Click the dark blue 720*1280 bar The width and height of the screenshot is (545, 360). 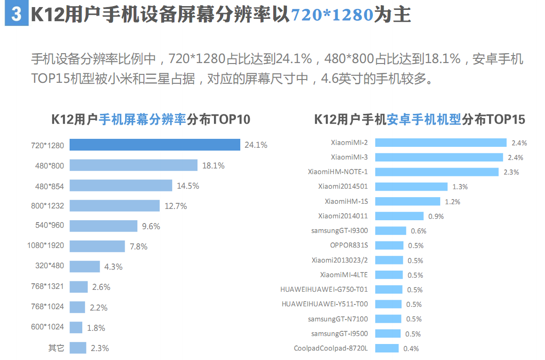[x=155, y=145]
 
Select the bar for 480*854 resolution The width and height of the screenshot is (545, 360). [x=121, y=185]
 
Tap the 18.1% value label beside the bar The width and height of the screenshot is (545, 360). [x=213, y=166]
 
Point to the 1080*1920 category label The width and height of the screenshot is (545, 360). [x=46, y=246]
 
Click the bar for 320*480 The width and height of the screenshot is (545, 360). [x=85, y=266]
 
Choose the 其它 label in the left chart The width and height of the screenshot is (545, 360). [x=56, y=348]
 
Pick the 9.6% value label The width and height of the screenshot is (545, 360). [x=151, y=226]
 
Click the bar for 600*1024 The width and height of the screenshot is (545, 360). [x=76, y=328]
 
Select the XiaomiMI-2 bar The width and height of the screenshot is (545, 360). [x=441, y=143]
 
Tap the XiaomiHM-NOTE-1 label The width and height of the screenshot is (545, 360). [x=338, y=172]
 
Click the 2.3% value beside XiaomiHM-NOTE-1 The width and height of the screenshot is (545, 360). [x=511, y=172]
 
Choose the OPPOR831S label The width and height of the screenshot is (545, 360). [x=349, y=245]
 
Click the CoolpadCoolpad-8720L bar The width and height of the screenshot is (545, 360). [x=387, y=348]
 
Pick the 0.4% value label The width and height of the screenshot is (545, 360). [x=411, y=349]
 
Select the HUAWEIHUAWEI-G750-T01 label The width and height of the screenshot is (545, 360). [x=324, y=289]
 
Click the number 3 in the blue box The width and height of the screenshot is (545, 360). [x=16, y=15]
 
